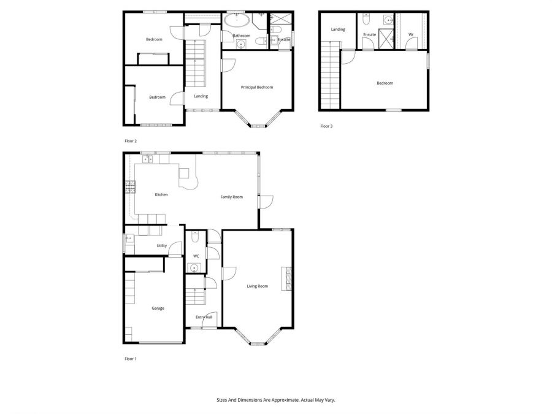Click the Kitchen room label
(161, 195)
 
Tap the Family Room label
(232, 197)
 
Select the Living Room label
(258, 286)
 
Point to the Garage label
(158, 309)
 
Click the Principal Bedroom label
(256, 87)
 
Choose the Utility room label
(161, 245)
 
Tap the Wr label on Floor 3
(410, 34)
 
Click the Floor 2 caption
(131, 141)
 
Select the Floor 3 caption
(326, 126)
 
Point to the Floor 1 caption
(131, 358)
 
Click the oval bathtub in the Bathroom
(236, 21)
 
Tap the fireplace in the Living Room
(286, 278)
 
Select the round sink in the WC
(194, 267)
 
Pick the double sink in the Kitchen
(148, 159)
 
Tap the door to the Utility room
(175, 253)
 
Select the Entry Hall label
(204, 317)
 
